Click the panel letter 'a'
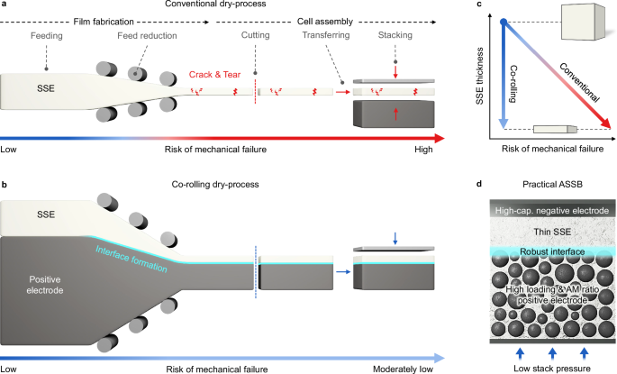[5, 6]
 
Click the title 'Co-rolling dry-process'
[222, 184]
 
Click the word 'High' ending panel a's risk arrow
[423, 150]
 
